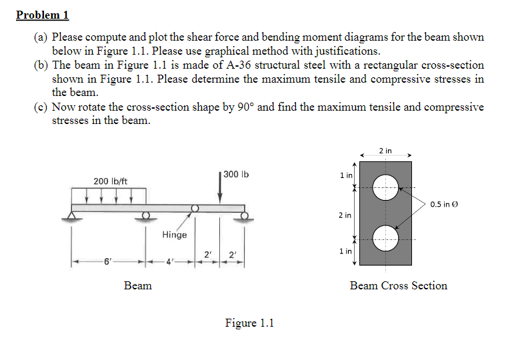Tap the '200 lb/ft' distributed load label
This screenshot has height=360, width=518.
click(111, 181)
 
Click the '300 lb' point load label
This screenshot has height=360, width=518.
click(236, 174)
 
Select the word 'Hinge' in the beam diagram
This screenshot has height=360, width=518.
click(175, 235)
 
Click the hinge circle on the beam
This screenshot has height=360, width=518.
click(194, 208)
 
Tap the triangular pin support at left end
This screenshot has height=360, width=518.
click(71, 215)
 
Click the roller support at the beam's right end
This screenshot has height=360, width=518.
click(245, 215)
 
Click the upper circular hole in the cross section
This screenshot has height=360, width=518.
click(385, 186)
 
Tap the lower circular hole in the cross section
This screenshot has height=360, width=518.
click(385, 237)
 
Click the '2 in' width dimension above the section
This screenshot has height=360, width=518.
click(385, 151)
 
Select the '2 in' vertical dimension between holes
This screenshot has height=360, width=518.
click(345, 215)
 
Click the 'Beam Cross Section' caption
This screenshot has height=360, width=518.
click(399, 285)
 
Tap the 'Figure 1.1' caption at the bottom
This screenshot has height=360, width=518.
click(249, 323)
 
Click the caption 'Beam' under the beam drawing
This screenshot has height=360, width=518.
click(138, 285)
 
